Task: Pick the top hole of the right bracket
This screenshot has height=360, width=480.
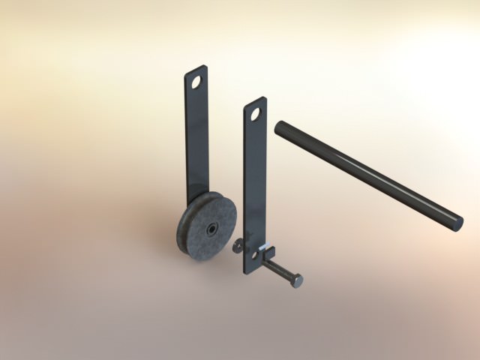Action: point(255,114)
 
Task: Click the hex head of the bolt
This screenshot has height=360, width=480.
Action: point(297,280)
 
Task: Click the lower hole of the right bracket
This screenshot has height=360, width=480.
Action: point(254,256)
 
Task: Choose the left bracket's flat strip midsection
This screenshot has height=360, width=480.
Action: point(196,142)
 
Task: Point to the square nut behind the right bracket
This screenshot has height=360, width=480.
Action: point(271,251)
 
